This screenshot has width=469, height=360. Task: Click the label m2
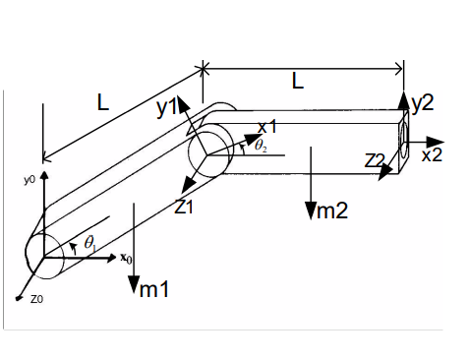click(x=325, y=209)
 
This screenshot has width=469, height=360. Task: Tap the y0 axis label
click(x=30, y=181)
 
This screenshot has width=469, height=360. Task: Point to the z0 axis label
click(x=35, y=298)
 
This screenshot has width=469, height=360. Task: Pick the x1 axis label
click(x=266, y=126)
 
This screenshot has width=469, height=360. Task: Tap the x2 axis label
click(x=433, y=154)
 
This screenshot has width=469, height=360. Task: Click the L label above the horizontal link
click(x=299, y=84)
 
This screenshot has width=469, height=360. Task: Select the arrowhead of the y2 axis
click(x=404, y=96)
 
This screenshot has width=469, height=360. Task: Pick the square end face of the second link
click(x=403, y=142)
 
